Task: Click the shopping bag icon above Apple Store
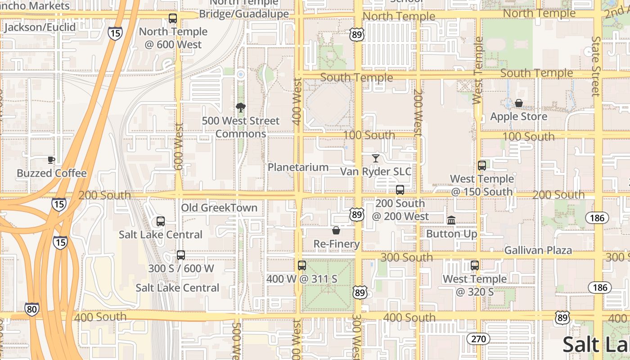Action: (x=519, y=103)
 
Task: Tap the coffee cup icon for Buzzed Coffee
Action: (x=51, y=160)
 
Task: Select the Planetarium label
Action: (x=298, y=167)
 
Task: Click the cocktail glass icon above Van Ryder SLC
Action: (x=376, y=158)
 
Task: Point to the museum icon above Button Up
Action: (x=451, y=220)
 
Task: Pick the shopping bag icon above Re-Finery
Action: (x=336, y=230)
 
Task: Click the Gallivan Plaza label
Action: (x=538, y=250)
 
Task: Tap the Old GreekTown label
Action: (x=219, y=208)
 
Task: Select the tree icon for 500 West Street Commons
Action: (x=241, y=107)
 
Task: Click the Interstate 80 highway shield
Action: (x=31, y=309)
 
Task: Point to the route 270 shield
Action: (x=478, y=338)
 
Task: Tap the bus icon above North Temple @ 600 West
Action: (x=173, y=18)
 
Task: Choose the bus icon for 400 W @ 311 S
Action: (x=302, y=265)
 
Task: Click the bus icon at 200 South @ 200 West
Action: (x=400, y=190)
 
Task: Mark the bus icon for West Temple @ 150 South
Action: (x=482, y=166)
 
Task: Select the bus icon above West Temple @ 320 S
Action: (x=475, y=265)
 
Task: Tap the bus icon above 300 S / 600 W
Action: (x=181, y=255)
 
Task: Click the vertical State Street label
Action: (x=596, y=66)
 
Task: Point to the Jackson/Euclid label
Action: (x=40, y=27)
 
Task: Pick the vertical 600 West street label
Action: (x=179, y=147)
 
